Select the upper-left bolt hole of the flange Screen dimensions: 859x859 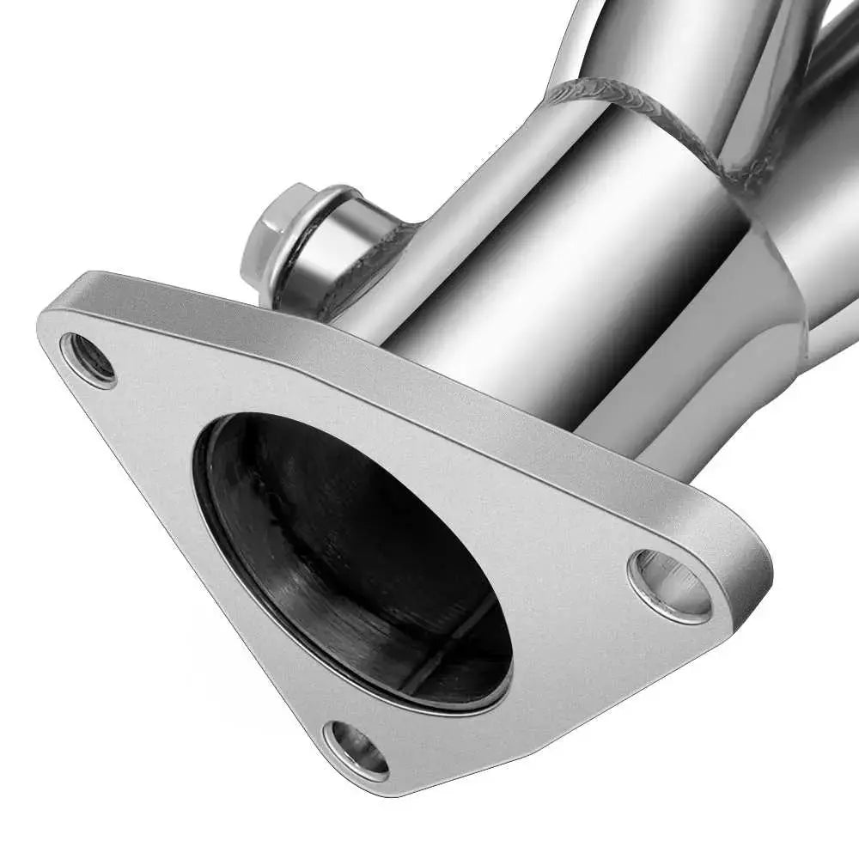pos(88,359)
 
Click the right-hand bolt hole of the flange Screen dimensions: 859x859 pos(670,586)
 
